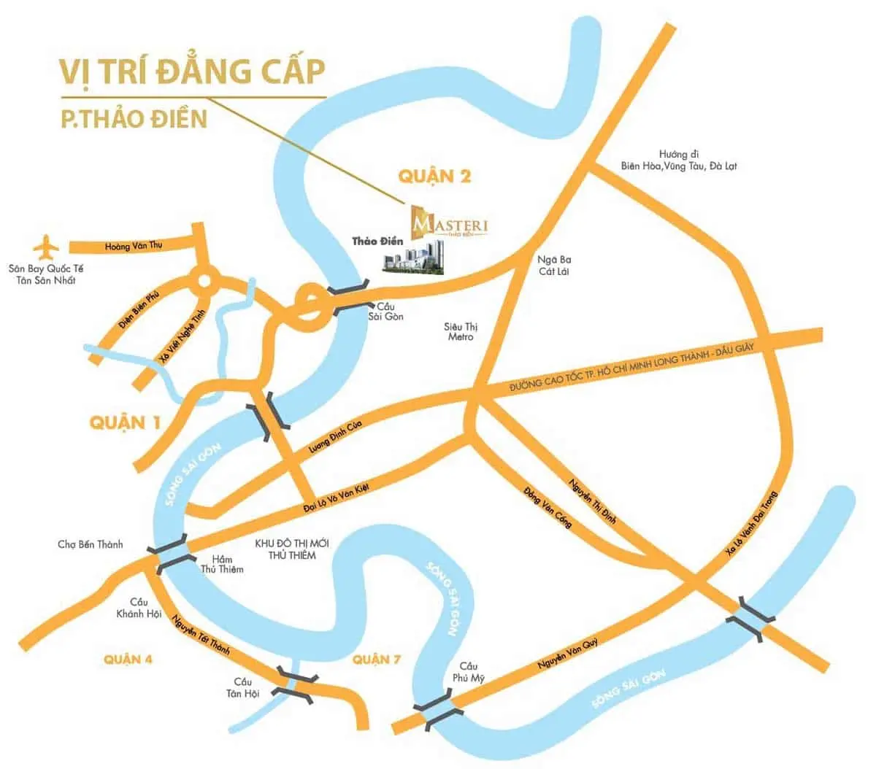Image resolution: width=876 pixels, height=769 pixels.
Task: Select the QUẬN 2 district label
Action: tap(435, 176)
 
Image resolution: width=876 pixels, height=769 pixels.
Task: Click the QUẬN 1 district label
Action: tap(125, 422)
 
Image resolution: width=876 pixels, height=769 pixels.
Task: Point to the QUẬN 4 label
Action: tap(128, 660)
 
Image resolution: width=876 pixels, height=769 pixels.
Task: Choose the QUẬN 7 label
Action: tap(377, 660)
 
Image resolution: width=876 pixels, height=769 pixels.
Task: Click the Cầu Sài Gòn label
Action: tap(389, 312)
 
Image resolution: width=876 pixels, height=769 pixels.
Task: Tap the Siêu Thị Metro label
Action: tap(461, 332)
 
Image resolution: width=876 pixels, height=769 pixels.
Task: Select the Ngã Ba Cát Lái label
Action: tap(554, 266)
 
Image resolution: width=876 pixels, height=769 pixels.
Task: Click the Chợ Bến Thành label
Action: tap(91, 544)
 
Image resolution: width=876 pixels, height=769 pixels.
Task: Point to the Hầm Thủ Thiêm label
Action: tap(222, 564)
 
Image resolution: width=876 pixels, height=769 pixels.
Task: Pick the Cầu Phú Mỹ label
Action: tap(468, 672)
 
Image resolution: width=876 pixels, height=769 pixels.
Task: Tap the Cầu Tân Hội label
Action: tap(242, 688)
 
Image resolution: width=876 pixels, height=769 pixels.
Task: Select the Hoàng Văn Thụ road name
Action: tap(133, 247)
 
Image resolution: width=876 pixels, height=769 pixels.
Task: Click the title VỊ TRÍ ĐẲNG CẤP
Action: tap(192, 72)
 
